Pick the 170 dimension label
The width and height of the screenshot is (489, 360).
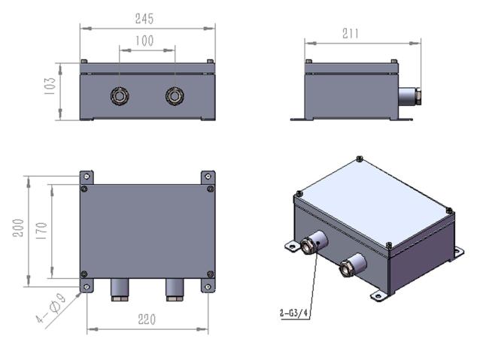42,230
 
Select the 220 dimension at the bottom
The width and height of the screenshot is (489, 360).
147,319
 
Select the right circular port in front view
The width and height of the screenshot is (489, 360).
175,96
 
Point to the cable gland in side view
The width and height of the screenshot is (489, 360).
409,96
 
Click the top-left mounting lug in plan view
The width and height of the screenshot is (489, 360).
87,177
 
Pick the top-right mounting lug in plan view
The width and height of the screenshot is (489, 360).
208,177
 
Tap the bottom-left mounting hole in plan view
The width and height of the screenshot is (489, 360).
87,286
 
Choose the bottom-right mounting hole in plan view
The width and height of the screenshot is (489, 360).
208,286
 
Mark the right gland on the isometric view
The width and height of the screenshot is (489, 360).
351,265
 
